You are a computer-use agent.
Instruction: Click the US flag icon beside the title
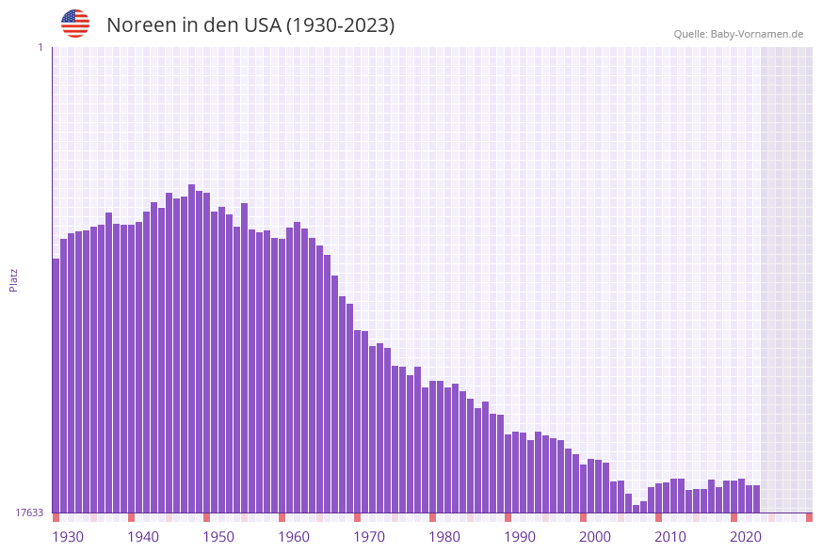[x=75, y=24]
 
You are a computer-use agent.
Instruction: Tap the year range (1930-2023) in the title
[x=340, y=25]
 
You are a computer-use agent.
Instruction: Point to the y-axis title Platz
[x=14, y=279]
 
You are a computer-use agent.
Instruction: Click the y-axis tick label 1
[x=40, y=47]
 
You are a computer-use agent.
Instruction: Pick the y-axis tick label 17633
[x=29, y=513]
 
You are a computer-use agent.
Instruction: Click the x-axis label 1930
[x=68, y=537]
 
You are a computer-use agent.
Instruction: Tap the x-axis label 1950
[x=218, y=537]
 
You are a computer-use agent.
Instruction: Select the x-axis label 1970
[x=369, y=537]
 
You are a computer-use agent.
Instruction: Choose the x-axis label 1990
[x=520, y=537]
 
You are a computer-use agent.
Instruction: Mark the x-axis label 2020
[x=746, y=537]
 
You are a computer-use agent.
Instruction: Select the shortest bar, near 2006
[x=637, y=509]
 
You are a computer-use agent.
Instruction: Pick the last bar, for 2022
[x=756, y=499]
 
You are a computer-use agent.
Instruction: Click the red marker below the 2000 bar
[x=584, y=517]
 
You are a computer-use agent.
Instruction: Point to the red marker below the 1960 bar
[x=282, y=517]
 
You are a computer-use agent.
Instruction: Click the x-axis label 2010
[x=670, y=537]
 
